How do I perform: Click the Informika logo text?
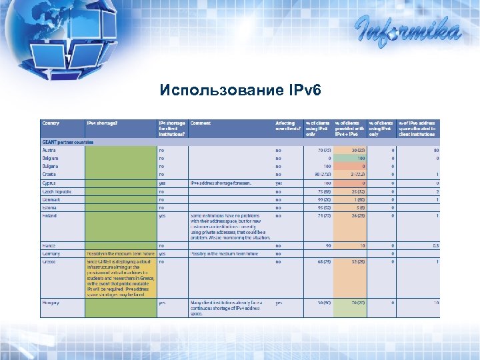(407, 29)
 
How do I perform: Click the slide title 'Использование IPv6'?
(240, 91)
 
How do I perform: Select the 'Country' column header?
(51, 123)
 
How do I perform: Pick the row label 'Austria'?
(49, 151)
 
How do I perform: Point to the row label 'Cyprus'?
(49, 183)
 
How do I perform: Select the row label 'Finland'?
(49, 215)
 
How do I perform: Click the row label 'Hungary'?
(51, 303)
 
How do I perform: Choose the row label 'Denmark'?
(51, 199)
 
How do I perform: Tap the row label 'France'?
(49, 245)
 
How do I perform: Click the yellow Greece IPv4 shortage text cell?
(119, 277)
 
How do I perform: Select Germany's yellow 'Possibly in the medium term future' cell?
(119, 254)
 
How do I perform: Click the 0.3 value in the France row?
(434, 245)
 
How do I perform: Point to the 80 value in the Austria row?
(435, 151)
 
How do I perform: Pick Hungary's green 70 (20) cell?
(350, 303)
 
